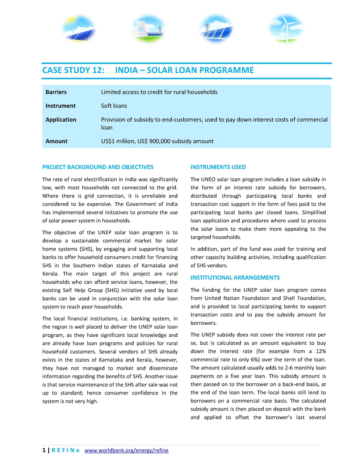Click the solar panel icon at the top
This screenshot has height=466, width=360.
coord(79,29)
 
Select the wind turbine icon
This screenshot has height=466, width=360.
coord(286,29)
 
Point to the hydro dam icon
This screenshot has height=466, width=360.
coord(217,29)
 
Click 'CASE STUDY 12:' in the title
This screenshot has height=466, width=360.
coord(73,70)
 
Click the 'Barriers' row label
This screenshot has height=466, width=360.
coord(56,92)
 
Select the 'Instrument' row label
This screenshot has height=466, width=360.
coord(61,106)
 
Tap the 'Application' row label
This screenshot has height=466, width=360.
coord(61,120)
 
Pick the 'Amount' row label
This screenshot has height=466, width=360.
coord(56,141)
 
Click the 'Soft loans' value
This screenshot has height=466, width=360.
coord(114,106)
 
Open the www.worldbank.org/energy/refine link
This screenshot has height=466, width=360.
coord(126,450)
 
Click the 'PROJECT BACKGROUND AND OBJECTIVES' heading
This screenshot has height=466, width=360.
coord(98,167)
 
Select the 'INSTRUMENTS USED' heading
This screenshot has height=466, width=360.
coord(218,167)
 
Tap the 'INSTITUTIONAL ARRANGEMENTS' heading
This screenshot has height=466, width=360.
coord(235,278)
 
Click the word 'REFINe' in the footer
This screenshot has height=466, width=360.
coord(65,450)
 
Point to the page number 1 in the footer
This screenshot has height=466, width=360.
coord(44,450)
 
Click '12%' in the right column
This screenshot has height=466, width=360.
coord(321,351)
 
